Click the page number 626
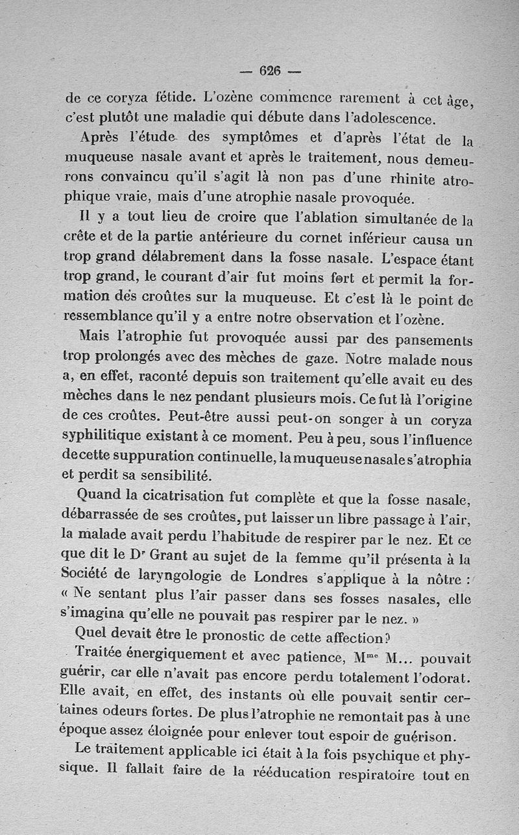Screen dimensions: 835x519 (269, 71)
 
